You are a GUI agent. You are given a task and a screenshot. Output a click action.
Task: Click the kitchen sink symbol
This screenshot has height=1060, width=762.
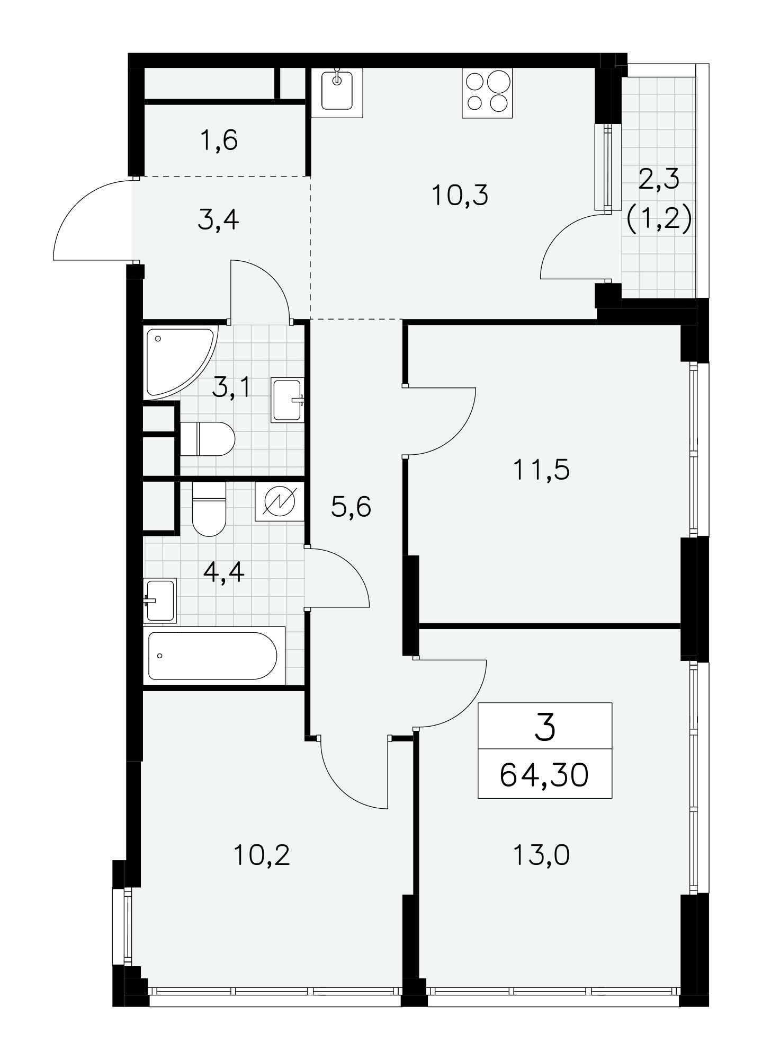click(x=337, y=92)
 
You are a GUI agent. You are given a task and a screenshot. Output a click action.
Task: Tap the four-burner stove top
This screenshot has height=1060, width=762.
click(x=487, y=93)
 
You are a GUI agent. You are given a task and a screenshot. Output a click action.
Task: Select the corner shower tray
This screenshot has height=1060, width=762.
click(x=180, y=362)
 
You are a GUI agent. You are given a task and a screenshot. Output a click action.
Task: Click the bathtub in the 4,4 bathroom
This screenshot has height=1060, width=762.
click(x=214, y=655)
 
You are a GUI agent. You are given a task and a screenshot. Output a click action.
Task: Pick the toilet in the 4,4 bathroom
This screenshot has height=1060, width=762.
click(x=209, y=509)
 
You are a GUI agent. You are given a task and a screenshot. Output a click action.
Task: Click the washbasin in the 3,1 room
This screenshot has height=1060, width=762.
click(x=288, y=400)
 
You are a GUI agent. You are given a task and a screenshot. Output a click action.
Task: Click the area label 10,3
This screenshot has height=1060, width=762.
click(x=460, y=196)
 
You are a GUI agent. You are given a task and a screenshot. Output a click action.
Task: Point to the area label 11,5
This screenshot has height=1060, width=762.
click(x=541, y=470)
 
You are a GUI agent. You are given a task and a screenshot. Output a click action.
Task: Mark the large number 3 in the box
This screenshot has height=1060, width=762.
click(x=545, y=727)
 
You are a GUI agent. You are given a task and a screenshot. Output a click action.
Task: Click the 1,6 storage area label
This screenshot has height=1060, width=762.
click(x=219, y=141)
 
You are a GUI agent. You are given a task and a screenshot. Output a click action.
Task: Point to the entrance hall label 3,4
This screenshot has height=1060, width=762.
click(x=218, y=220)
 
